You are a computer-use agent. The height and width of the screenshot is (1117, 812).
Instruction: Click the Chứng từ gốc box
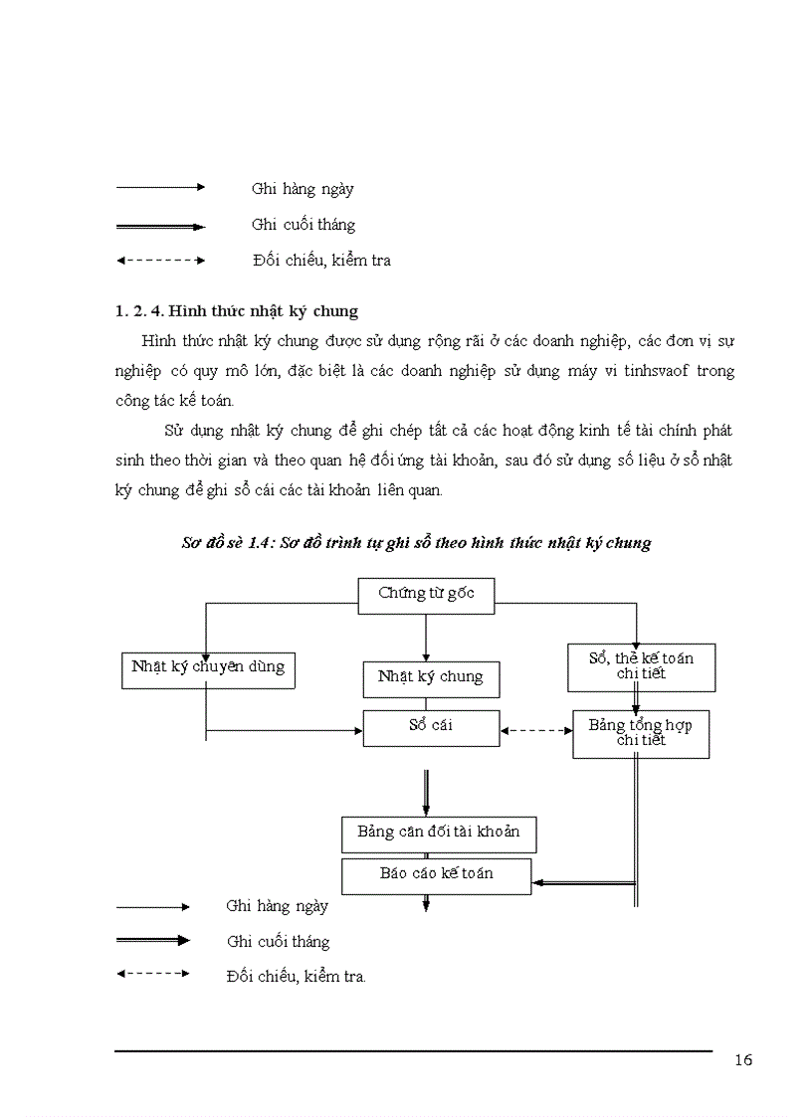pyautogui.click(x=426, y=595)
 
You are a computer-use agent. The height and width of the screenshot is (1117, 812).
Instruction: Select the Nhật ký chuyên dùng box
pyautogui.click(x=208, y=667)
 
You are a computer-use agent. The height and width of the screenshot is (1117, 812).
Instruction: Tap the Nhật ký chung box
pyautogui.click(x=431, y=677)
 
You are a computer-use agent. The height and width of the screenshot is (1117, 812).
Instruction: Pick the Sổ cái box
pyautogui.click(x=431, y=727)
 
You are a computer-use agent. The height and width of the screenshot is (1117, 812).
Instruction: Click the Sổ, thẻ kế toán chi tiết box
pyautogui.click(x=641, y=666)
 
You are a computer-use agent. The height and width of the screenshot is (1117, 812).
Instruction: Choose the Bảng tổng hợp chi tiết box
pyautogui.click(x=640, y=733)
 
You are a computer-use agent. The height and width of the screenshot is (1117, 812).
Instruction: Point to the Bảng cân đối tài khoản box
pyautogui.click(x=439, y=834)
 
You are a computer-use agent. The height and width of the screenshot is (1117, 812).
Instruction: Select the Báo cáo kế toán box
pyautogui.click(x=437, y=875)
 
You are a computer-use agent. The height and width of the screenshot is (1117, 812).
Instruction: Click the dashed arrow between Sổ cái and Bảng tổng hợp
pyautogui.click(x=536, y=731)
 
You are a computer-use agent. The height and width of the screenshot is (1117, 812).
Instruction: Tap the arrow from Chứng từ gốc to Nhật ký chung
pyautogui.click(x=426, y=638)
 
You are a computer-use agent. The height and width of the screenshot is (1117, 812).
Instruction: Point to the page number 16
pyautogui.click(x=743, y=1060)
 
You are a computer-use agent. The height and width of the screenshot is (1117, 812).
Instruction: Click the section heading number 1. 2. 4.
pyautogui.click(x=141, y=312)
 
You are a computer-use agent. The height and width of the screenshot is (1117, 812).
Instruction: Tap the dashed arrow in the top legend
pyautogui.click(x=161, y=261)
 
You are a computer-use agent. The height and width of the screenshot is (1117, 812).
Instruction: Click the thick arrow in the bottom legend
pyautogui.click(x=153, y=940)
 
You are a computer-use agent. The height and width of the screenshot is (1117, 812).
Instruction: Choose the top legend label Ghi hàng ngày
pyautogui.click(x=303, y=189)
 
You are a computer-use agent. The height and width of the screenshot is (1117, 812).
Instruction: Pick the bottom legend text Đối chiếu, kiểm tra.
pyautogui.click(x=297, y=977)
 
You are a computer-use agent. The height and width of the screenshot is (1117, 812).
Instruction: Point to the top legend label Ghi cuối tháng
pyautogui.click(x=304, y=225)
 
